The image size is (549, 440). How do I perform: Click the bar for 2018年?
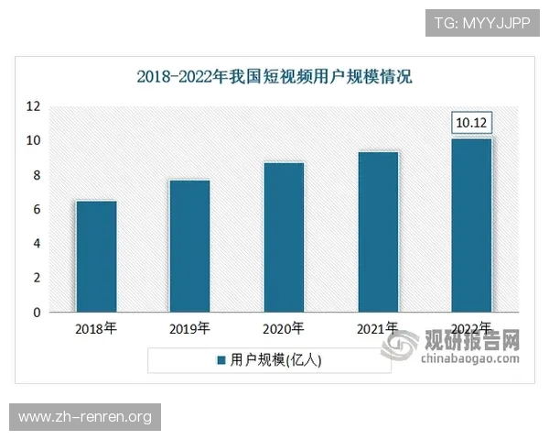[x=95, y=256]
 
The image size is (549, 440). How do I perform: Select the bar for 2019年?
[x=189, y=246]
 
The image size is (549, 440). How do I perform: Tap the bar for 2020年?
[x=284, y=236]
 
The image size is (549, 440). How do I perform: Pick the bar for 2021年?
[x=378, y=231]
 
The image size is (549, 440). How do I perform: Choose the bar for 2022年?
[x=472, y=225]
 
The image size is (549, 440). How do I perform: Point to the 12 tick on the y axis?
[x=33, y=106]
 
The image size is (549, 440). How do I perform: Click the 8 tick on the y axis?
[x=36, y=175]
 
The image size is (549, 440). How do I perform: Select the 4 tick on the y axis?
[x=36, y=244]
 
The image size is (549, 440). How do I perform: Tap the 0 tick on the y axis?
[x=36, y=313]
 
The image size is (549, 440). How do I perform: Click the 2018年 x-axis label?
[x=95, y=328]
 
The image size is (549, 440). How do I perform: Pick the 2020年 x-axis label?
[x=284, y=328]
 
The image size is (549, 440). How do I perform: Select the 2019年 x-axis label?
[x=189, y=328]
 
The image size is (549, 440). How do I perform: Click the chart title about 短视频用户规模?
[x=274, y=77]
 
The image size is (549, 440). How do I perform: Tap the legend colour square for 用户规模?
[x=221, y=360]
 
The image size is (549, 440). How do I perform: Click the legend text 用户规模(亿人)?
[x=275, y=360]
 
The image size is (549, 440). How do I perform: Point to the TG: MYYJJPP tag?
[x=483, y=21]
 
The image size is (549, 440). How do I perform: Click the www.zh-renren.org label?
[x=85, y=417]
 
